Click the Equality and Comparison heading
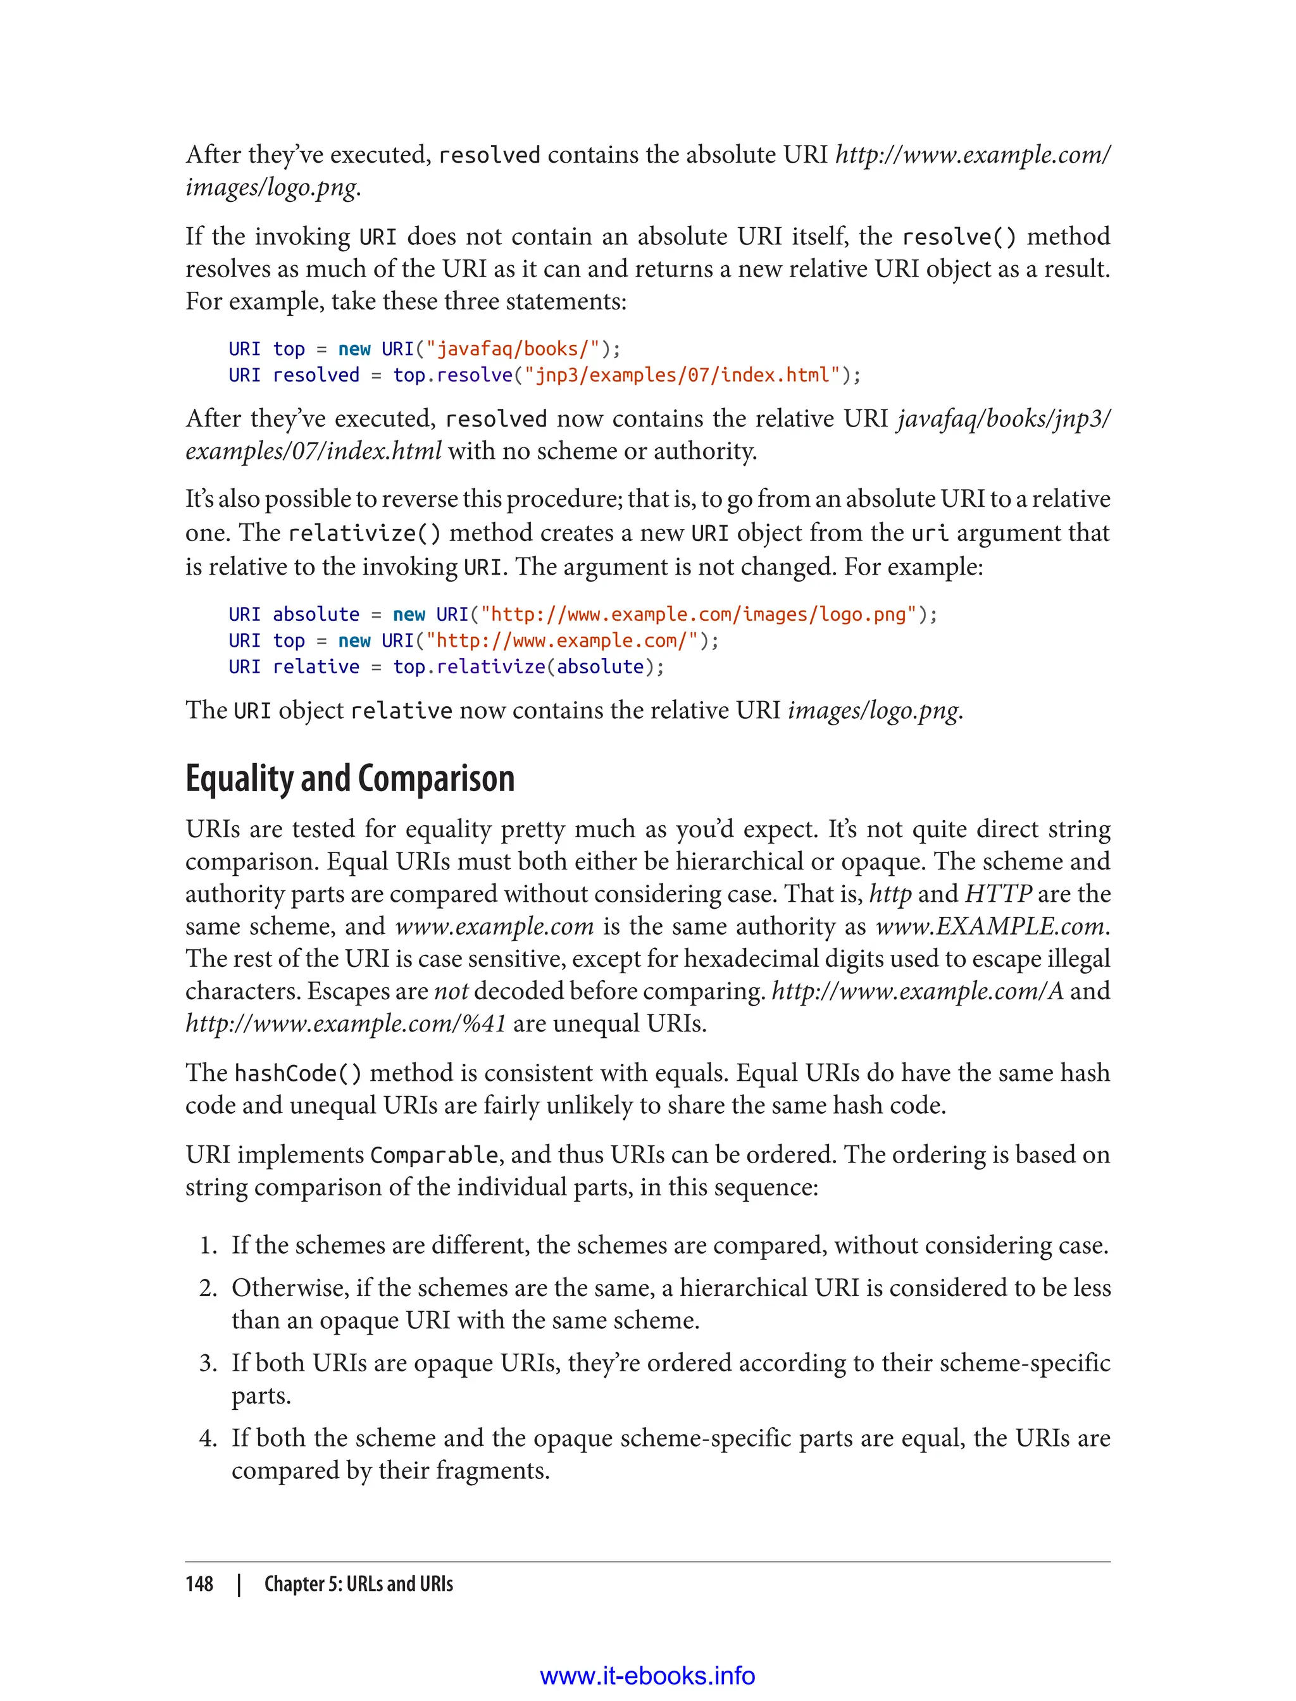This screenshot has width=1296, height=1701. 349,778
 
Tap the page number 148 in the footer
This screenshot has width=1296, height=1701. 199,1584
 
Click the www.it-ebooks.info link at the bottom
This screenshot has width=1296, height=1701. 647,1676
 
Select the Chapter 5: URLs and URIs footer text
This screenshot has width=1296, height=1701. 358,1584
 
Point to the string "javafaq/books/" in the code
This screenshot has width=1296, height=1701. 512,349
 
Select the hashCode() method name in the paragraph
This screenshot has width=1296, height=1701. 297,1073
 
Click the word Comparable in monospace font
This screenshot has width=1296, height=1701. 434,1155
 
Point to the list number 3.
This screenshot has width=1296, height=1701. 207,1363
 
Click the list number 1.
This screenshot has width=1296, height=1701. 207,1245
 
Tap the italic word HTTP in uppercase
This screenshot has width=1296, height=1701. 998,894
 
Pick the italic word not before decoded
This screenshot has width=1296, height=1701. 451,991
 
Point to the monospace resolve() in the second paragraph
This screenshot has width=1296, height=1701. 959,236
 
